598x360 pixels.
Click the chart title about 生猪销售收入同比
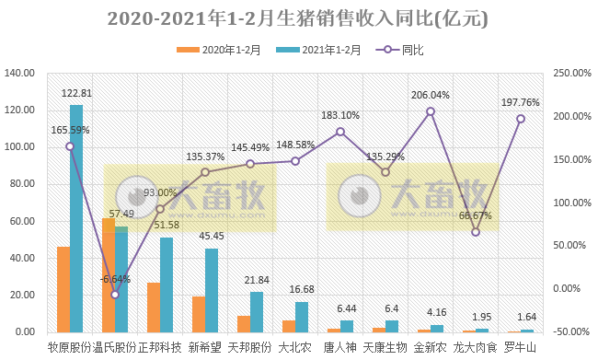(298, 18)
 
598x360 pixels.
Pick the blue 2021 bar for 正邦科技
(167, 285)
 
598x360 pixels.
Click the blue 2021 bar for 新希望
(212, 290)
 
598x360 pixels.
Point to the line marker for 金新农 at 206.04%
(431, 112)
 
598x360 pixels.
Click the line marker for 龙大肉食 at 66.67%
(476, 232)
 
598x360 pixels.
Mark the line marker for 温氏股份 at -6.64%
(115, 295)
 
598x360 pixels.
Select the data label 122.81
(77, 94)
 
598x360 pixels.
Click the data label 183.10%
(340, 115)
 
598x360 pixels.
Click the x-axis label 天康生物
(385, 348)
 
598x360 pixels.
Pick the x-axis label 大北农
(295, 348)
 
